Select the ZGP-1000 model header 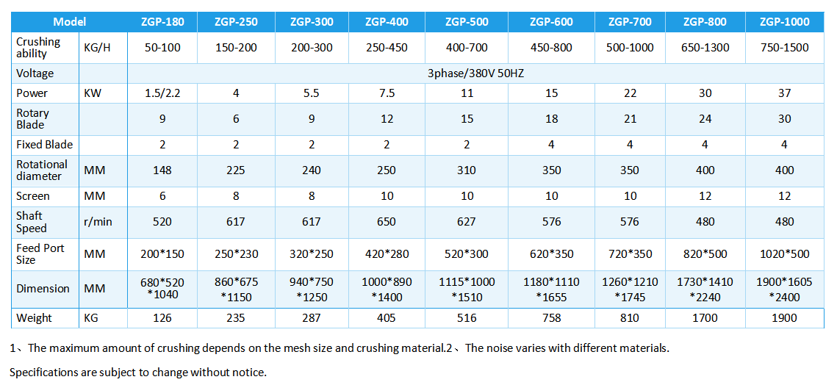pyautogui.click(x=785, y=22)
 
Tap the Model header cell pyautogui.click(x=70, y=22)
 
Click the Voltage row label pyautogui.click(x=35, y=73)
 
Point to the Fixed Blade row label pyautogui.click(x=45, y=145)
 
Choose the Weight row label pyautogui.click(x=35, y=318)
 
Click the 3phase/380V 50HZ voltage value pyautogui.click(x=475, y=73)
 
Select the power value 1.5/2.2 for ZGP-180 pyautogui.click(x=162, y=93)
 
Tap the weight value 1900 pyautogui.click(x=785, y=318)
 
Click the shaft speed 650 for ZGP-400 pyautogui.click(x=387, y=222)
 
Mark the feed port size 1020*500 pyautogui.click(x=785, y=254)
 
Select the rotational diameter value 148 pyautogui.click(x=162, y=170)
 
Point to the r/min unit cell pyautogui.click(x=98, y=222)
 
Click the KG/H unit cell pyautogui.click(x=98, y=48)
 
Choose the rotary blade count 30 pyautogui.click(x=785, y=119)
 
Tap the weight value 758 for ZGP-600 pyautogui.click(x=552, y=318)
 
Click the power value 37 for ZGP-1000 pyautogui.click(x=785, y=93)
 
